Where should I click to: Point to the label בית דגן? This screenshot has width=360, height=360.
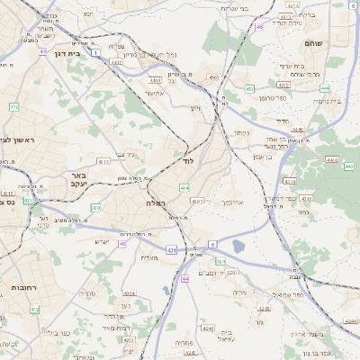click(58, 53)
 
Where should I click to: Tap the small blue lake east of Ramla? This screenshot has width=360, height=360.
click(238, 245)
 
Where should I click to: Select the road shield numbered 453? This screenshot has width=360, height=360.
click(249, 88)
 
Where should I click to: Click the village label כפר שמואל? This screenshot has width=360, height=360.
click(292, 294)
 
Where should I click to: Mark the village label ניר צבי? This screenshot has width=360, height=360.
click(126, 154)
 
